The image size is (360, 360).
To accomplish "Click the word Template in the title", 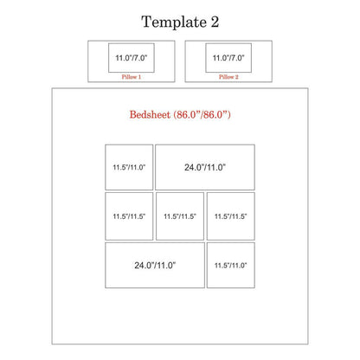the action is [x=174, y=22].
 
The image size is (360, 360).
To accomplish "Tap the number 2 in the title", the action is [x=215, y=22].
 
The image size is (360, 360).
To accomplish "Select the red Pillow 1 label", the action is [x=132, y=77].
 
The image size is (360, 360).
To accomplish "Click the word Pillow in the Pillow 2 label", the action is [x=225, y=77].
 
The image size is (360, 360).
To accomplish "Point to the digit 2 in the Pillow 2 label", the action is [x=236, y=77].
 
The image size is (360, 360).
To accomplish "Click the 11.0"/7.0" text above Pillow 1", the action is [x=132, y=58].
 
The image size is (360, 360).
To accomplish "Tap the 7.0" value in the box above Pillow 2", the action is [x=237, y=58].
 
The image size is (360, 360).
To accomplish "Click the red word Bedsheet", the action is [x=150, y=115].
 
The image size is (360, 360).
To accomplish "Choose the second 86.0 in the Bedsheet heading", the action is [x=213, y=115].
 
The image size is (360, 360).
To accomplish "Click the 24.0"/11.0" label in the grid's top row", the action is [x=205, y=167].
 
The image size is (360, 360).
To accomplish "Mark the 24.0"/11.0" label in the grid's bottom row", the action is [x=155, y=265].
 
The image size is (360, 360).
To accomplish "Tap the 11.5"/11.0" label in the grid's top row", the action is [x=129, y=167].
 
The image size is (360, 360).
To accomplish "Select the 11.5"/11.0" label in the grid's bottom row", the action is [x=230, y=266].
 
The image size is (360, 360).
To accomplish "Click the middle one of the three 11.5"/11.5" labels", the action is [x=180, y=216].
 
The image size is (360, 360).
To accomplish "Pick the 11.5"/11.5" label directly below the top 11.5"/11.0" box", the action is [x=129, y=216].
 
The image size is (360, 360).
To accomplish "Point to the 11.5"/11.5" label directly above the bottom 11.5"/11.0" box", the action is [x=230, y=216].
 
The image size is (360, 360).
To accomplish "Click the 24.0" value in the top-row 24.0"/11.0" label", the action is [x=194, y=167].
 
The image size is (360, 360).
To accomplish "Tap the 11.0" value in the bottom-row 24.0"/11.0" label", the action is [x=166, y=265].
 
